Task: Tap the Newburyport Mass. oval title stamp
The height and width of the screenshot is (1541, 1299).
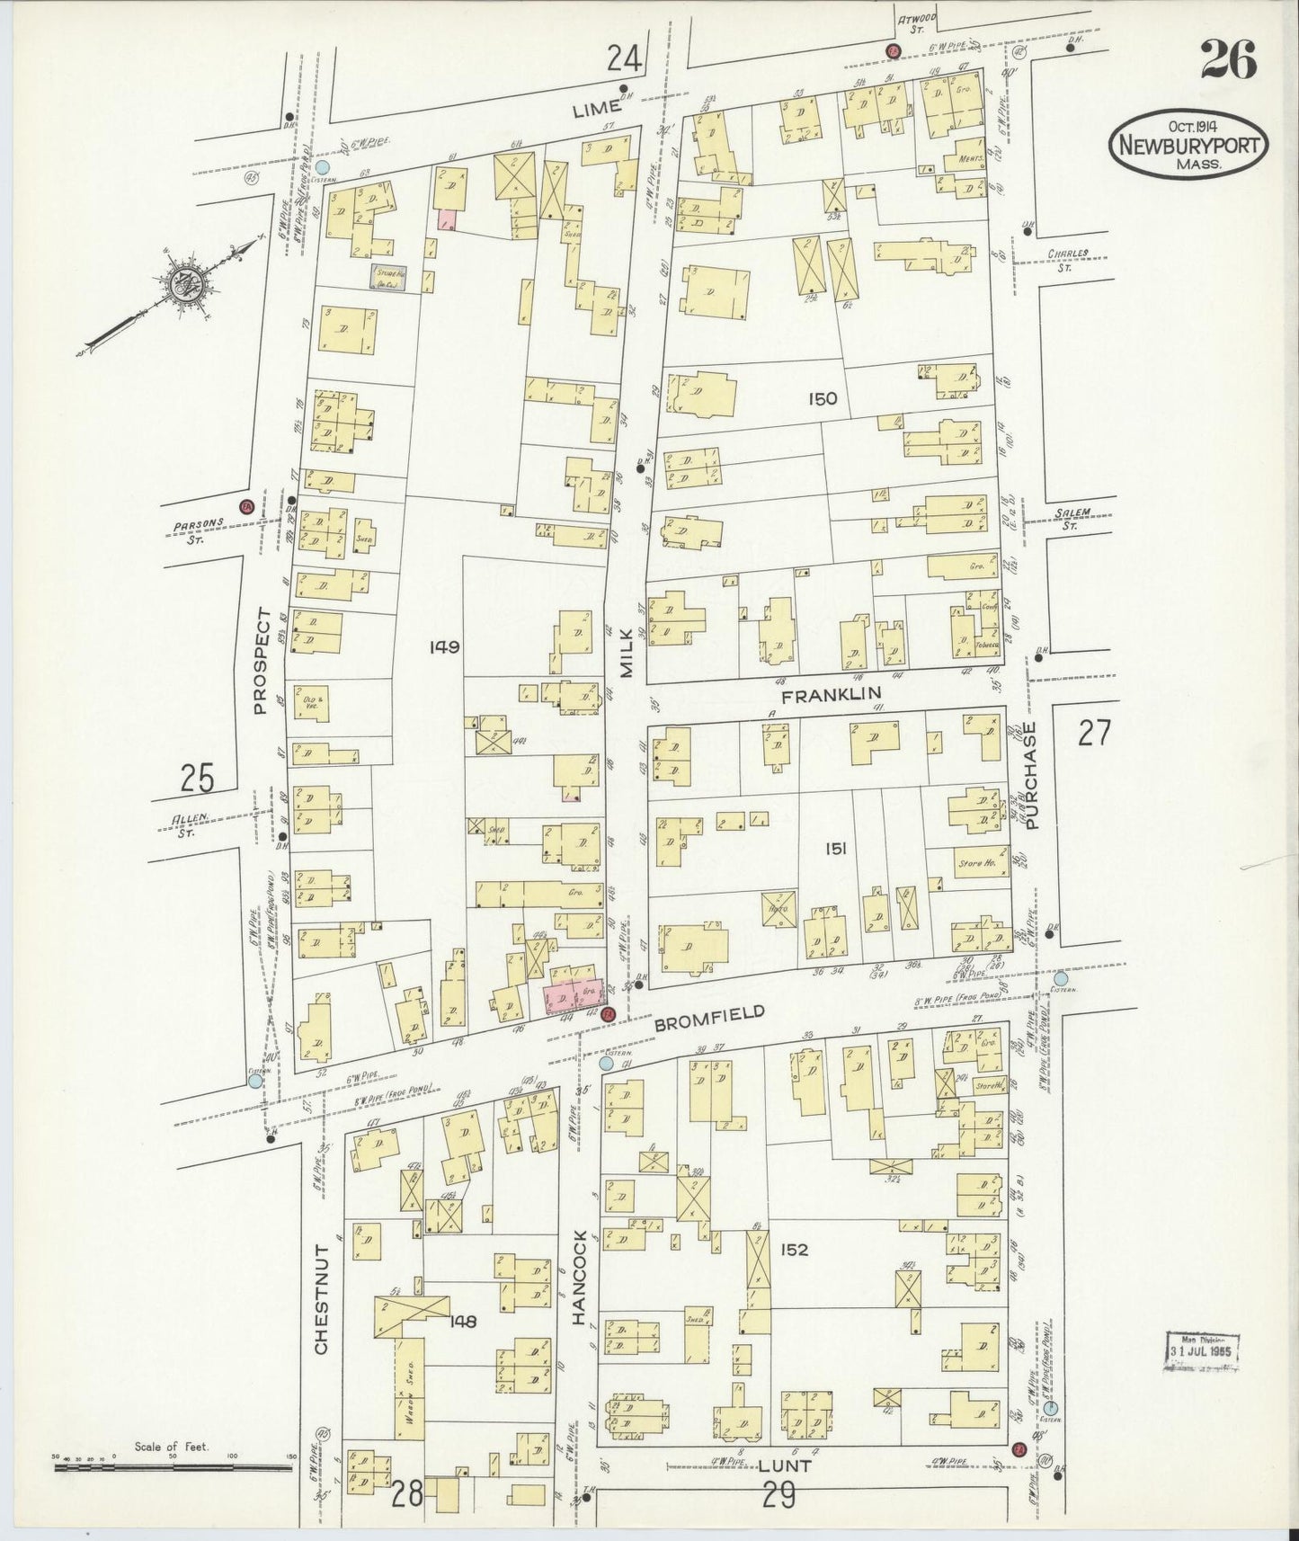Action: pyautogui.click(x=1190, y=146)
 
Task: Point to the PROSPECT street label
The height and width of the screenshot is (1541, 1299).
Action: pyautogui.click(x=262, y=661)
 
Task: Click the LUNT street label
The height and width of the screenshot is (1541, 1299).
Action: pyautogui.click(x=785, y=1465)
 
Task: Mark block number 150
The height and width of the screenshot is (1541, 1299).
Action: pyautogui.click(x=822, y=398)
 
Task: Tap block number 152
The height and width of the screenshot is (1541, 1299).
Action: pyautogui.click(x=795, y=1250)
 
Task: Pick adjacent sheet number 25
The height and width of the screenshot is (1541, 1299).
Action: pyautogui.click(x=196, y=778)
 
